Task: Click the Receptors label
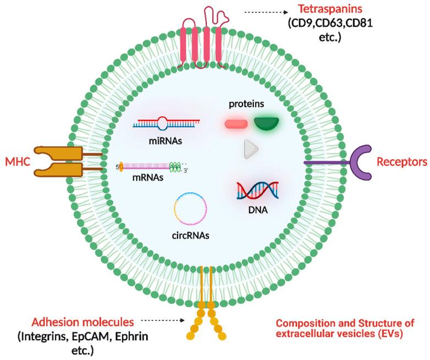tap(401, 162)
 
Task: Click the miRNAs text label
tap(166, 141)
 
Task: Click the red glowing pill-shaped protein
tap(236, 124)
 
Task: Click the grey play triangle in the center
tap(251, 149)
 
